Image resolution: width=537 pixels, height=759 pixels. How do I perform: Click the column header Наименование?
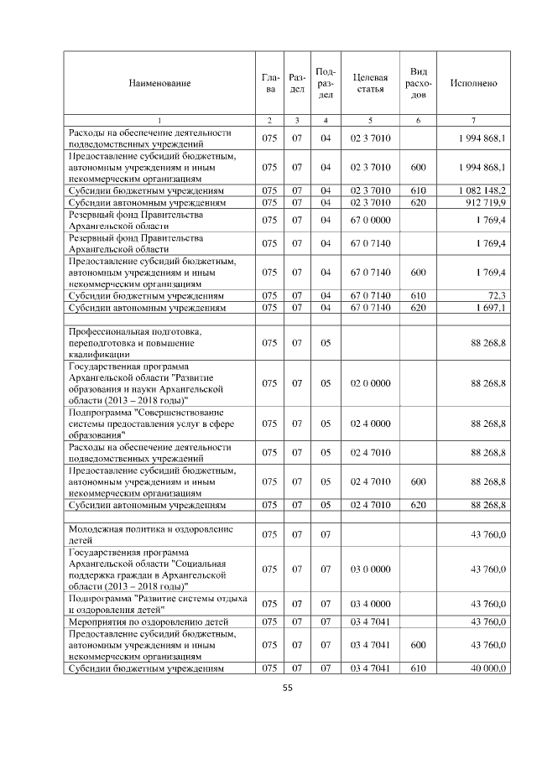pos(159,83)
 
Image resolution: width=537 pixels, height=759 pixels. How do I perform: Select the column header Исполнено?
pos(473,83)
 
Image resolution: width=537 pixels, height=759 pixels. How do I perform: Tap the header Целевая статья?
pos(370,83)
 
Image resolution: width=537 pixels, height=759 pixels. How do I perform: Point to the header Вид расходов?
pos(419,83)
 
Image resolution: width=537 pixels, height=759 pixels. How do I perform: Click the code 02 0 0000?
pos(370,383)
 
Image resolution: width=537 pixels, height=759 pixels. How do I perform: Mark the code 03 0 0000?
pos(370,569)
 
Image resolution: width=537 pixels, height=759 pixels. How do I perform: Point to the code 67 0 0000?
pos(370,220)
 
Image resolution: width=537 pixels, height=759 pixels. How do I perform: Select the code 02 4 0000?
pos(370,424)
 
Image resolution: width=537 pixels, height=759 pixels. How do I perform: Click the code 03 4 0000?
pos(370,604)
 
